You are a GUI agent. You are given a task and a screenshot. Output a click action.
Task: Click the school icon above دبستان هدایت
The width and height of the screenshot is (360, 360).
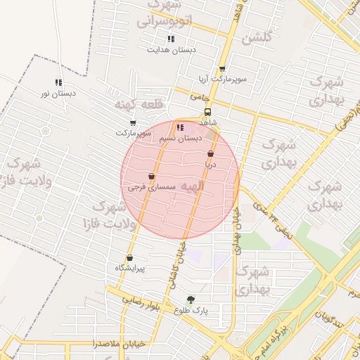pyautogui.click(x=170, y=39)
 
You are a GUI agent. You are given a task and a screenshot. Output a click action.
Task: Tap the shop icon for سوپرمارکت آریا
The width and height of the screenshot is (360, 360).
pyautogui.click(x=222, y=69)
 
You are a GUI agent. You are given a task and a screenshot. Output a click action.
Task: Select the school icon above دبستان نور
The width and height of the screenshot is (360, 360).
pyautogui.click(x=58, y=82)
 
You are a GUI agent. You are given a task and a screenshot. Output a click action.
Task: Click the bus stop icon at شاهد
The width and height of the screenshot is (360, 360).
pyautogui.click(x=207, y=112)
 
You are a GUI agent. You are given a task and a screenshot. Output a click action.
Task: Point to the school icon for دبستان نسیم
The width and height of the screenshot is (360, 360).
pyautogui.click(x=180, y=128)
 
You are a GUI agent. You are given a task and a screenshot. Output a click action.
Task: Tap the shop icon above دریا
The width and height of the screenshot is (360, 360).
pyautogui.click(x=210, y=153)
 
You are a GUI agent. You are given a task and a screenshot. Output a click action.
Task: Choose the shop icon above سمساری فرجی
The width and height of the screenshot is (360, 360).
pyautogui.click(x=151, y=176)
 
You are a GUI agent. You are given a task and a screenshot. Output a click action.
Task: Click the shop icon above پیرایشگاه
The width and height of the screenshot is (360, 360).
pyautogui.click(x=129, y=257)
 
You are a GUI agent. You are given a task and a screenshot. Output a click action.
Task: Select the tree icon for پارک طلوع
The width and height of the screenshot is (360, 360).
pyautogui.click(x=191, y=300)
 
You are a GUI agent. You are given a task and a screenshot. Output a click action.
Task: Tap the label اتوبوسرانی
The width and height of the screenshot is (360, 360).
pyautogui.click(x=163, y=22)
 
